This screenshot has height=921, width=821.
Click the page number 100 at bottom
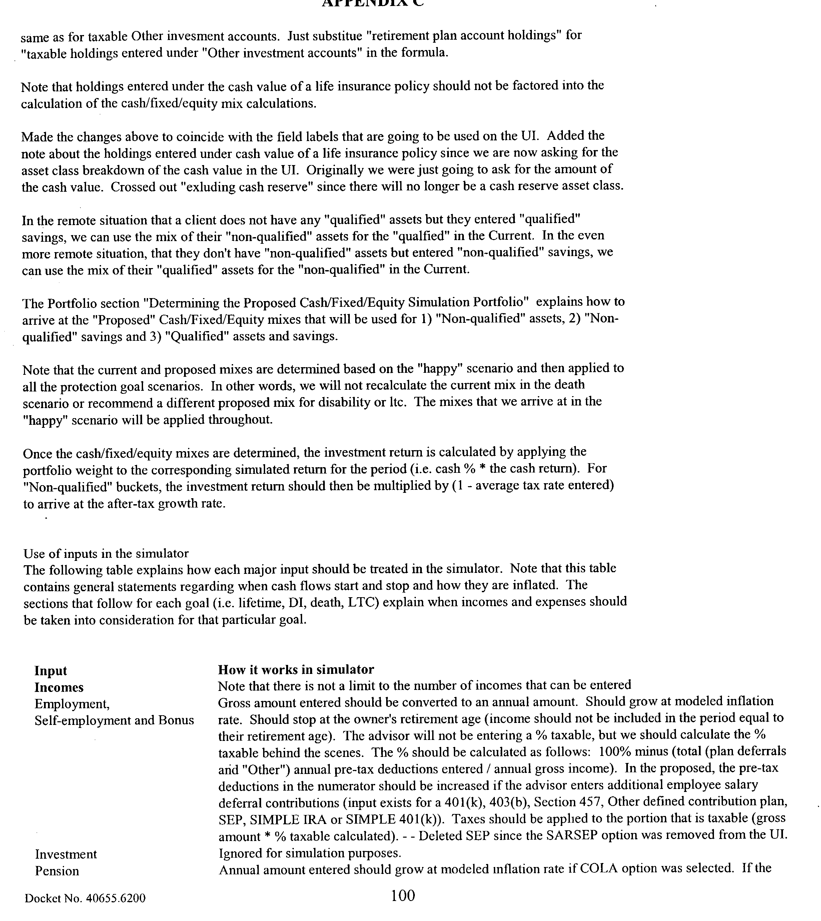coord(403,895)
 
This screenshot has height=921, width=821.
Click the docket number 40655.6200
coord(85,898)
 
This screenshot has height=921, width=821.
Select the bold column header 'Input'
coord(51,671)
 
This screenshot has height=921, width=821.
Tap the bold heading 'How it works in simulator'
coord(296,669)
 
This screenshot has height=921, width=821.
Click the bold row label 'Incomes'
coord(59,687)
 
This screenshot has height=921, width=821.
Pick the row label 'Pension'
coord(57,871)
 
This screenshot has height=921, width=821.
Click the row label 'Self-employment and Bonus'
coord(114,720)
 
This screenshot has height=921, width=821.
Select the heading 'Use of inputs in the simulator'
coord(106,554)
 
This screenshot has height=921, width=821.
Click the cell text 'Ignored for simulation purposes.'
coord(309,853)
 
